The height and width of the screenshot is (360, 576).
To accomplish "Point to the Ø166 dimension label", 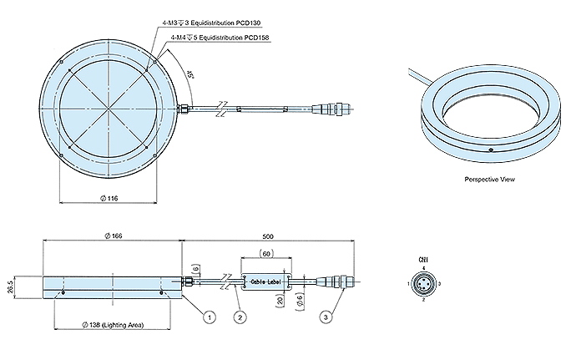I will pos(114,237).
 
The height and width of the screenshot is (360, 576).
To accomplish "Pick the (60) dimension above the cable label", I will pos(265,251).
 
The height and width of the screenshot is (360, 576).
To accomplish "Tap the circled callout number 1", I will pos(210,317).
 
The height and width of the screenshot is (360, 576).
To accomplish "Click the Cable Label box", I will pos(265,282).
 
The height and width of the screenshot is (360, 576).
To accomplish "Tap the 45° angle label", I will pos(190,78).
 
